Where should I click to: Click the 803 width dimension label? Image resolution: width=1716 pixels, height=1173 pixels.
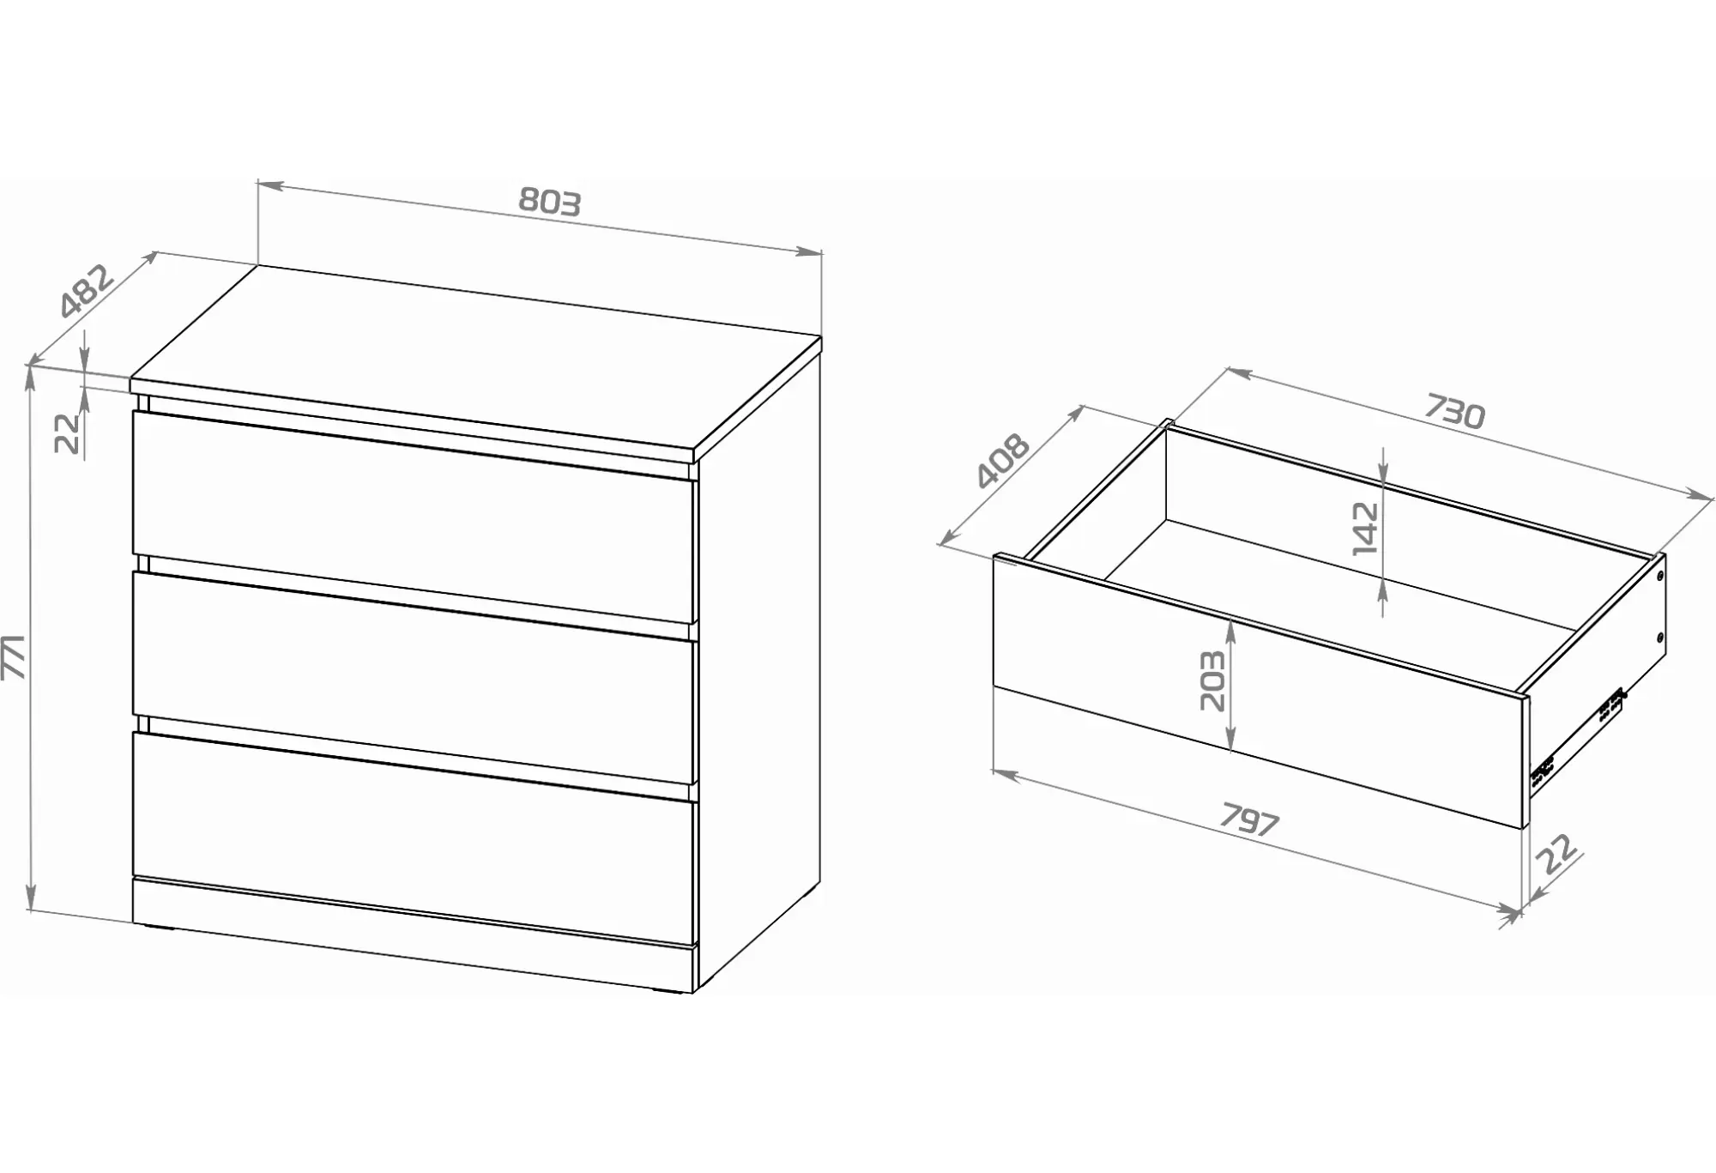[x=550, y=201]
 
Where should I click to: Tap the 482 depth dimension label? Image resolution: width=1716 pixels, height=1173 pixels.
[x=87, y=292]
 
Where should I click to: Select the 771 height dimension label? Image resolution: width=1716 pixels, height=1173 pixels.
[x=15, y=657]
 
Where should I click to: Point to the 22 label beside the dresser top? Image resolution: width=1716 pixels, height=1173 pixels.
[x=67, y=432]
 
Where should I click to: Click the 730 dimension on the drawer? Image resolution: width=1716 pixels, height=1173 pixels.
[x=1454, y=411]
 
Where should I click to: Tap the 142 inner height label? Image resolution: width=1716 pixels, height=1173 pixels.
[x=1365, y=529]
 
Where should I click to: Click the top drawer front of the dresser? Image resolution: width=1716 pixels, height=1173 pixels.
[x=413, y=517]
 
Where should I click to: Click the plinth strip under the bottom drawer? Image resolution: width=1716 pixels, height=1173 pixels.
[x=413, y=935]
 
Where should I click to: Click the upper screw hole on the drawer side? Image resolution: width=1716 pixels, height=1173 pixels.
[x=1659, y=576]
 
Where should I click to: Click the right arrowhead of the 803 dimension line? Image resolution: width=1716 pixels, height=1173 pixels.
[x=810, y=251]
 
